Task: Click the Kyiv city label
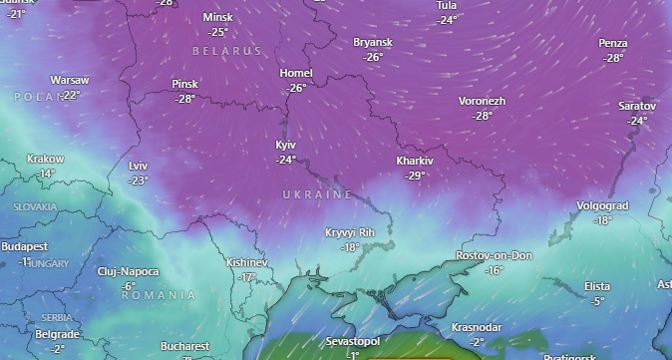click(286, 146)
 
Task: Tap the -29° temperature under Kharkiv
click(415, 175)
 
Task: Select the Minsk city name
click(217, 18)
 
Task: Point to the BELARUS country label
click(226, 50)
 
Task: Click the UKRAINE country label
click(317, 193)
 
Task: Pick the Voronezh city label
click(482, 102)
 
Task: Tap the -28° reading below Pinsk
click(185, 99)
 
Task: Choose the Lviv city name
click(138, 166)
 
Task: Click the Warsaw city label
click(70, 80)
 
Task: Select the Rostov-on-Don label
click(494, 256)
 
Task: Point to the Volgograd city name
click(602, 206)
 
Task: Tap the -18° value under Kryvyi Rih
click(350, 246)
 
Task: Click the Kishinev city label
click(247, 262)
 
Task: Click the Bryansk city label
click(373, 43)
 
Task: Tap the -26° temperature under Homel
click(296, 88)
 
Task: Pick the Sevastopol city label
click(353, 342)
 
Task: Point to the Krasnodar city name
click(476, 327)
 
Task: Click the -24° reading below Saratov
click(637, 121)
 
